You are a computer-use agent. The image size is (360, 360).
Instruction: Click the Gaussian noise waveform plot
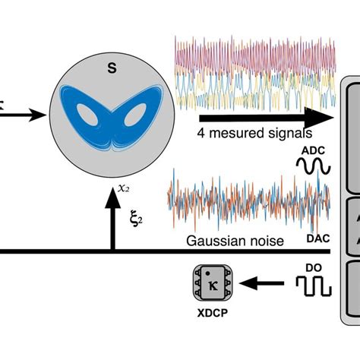(247, 201)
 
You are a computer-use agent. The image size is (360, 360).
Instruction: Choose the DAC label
(317, 239)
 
